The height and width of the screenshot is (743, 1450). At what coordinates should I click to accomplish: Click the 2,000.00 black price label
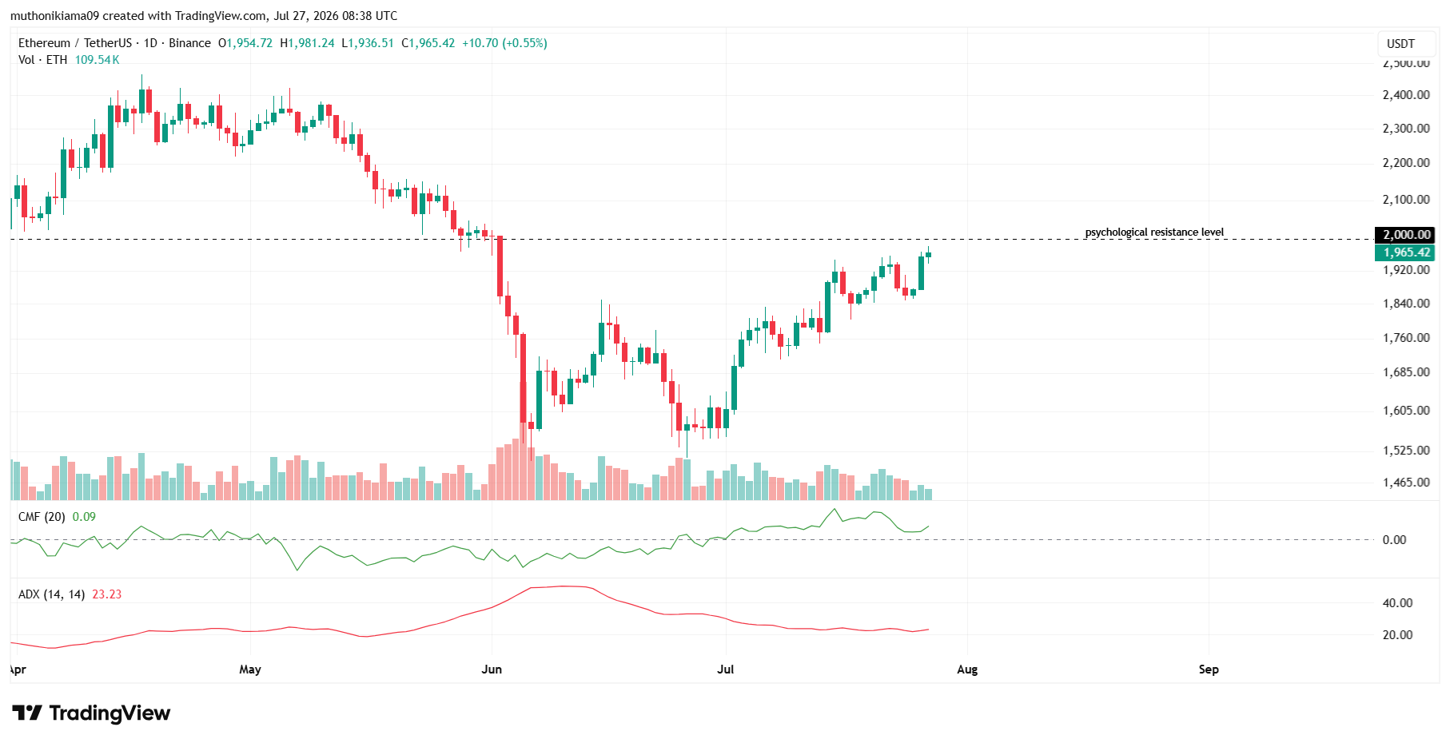point(1406,234)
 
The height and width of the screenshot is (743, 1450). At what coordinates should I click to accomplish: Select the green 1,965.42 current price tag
point(1406,252)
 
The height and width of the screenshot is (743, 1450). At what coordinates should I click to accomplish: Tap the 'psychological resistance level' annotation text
point(1154,232)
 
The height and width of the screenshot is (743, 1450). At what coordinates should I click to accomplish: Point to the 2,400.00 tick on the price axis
point(1406,95)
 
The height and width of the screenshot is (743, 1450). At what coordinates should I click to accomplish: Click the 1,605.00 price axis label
point(1406,411)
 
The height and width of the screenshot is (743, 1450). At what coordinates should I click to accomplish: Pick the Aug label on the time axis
point(967,669)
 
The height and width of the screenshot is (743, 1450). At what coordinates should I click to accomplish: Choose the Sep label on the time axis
point(1209,669)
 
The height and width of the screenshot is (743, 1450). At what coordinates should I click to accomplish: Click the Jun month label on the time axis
point(492,669)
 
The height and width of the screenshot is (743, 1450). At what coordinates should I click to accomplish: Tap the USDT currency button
point(1400,44)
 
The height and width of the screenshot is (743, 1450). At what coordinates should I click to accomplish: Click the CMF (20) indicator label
point(42,517)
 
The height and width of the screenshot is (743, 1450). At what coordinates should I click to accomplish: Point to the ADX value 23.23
point(107,594)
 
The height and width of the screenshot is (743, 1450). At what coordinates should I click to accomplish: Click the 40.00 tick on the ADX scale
point(1398,603)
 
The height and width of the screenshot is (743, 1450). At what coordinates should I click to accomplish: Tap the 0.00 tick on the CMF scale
point(1395,540)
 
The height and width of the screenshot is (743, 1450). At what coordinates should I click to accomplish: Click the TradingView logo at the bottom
point(91,713)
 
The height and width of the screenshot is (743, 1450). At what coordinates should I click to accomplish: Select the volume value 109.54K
point(97,60)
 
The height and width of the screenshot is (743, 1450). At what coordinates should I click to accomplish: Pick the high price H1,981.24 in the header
point(307,43)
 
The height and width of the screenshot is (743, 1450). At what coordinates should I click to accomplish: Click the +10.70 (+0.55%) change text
point(504,43)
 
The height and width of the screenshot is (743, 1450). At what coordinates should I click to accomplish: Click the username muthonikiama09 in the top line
point(55,16)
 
